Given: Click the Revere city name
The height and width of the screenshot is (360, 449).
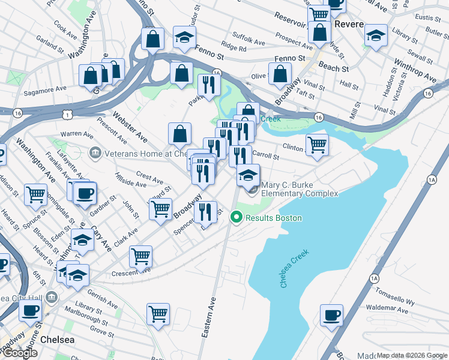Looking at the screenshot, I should (x=349, y=25).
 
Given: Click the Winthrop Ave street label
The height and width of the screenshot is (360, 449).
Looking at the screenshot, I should (x=415, y=70).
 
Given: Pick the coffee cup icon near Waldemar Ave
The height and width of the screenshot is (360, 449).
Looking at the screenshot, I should (x=331, y=315).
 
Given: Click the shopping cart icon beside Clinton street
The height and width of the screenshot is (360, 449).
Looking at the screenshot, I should (x=317, y=144).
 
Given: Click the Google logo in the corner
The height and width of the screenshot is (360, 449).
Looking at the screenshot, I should (x=19, y=353).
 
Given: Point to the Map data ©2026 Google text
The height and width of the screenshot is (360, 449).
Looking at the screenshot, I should (x=412, y=355).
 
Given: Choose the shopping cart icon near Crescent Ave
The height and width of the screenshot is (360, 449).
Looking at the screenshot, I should (x=140, y=256).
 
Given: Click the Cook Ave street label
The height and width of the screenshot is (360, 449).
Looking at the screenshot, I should (x=65, y=27).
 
